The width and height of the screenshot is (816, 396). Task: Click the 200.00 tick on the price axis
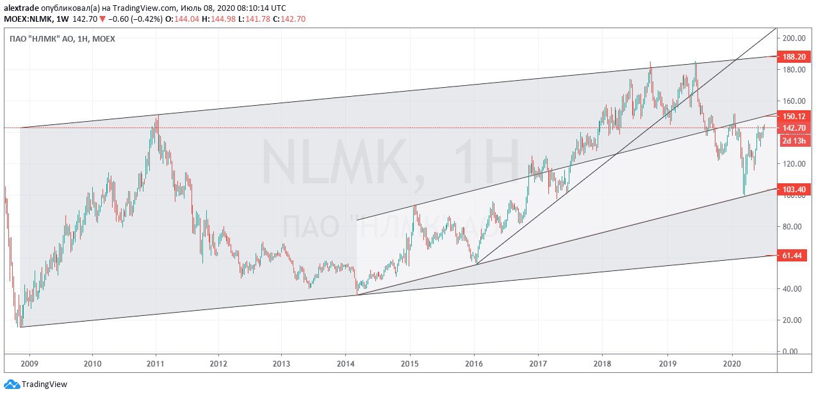coord(793,38)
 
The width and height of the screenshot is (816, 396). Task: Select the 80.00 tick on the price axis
coord(793,226)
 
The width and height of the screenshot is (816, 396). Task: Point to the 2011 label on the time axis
coord(156,363)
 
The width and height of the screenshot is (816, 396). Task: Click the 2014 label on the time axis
coord(346,363)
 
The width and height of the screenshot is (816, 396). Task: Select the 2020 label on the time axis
coord(731,363)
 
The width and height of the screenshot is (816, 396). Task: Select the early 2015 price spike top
coord(415,206)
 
